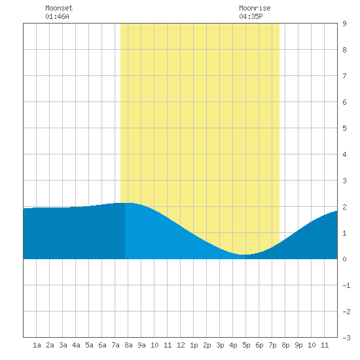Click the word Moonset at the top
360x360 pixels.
59,8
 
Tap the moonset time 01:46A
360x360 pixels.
57,16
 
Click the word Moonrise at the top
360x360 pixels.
255,8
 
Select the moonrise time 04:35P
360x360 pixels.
251,16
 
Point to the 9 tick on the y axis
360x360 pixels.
344,24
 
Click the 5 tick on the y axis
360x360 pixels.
344,128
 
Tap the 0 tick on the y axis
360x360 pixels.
344,259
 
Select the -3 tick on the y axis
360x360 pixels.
346,338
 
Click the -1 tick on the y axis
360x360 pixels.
346,285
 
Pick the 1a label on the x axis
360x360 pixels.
37,345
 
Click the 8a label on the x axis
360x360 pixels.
128,345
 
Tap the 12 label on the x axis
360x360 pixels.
181,345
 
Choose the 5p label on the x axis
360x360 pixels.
246,345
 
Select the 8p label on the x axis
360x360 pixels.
285,345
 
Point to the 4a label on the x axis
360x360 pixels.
76,345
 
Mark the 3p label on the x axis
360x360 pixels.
220,345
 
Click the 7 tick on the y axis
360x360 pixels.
344,76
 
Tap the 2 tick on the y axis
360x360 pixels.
344,207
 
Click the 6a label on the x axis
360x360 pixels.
102,345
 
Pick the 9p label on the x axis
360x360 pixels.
298,345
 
